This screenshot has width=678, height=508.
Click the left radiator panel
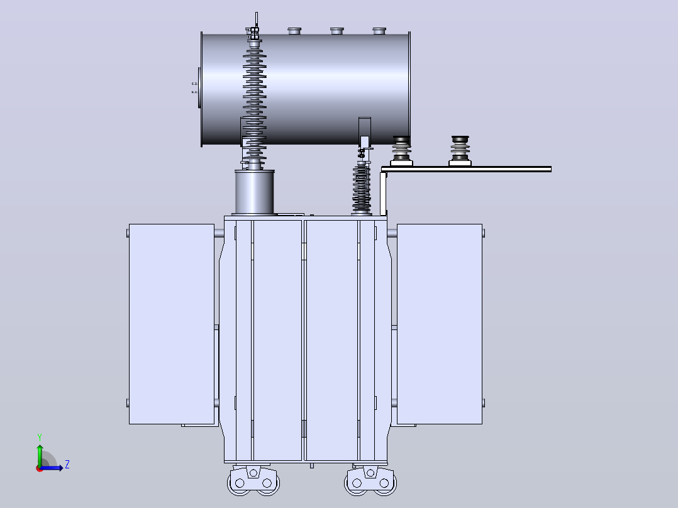pos(172,324)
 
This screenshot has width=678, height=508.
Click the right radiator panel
pos(439,324)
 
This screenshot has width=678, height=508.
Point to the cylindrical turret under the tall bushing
pos(255,192)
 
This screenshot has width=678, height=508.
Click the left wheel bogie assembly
pos(253,480)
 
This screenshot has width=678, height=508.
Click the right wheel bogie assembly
pos(370,480)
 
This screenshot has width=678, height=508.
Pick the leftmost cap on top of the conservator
pos(294,31)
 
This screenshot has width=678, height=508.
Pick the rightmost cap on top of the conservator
pos(379,31)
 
